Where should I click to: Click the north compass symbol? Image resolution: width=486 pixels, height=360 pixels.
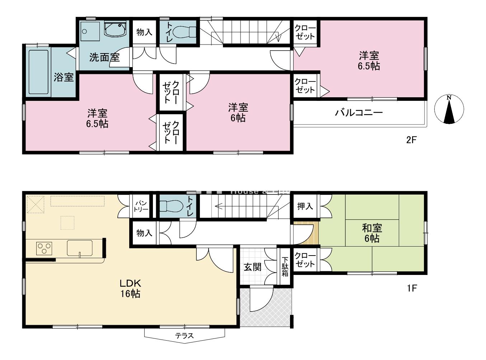(x=449, y=109)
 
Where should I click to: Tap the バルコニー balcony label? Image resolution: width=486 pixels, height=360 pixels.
(x=359, y=113)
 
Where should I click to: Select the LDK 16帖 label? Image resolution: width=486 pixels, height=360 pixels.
(x=130, y=288)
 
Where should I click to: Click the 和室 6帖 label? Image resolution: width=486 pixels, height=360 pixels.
(x=372, y=233)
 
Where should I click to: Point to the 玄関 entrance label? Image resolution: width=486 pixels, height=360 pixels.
(x=252, y=267)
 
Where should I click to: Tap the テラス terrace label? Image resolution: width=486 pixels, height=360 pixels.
(x=184, y=336)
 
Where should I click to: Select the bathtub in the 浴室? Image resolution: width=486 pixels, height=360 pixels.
(x=38, y=72)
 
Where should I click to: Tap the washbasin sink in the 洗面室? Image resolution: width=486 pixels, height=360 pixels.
(x=115, y=28)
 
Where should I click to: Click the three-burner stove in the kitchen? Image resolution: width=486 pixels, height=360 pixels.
(x=44, y=248)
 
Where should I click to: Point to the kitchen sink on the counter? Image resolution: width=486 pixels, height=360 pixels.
(x=79, y=248)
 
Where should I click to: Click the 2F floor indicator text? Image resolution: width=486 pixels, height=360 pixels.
(x=411, y=140)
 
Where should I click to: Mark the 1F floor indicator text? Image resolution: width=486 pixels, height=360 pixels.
(x=412, y=288)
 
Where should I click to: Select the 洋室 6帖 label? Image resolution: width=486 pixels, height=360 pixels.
(x=238, y=112)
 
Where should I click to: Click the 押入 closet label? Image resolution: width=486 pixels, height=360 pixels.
(x=305, y=206)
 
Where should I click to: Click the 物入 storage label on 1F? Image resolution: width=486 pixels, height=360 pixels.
(x=144, y=233)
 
